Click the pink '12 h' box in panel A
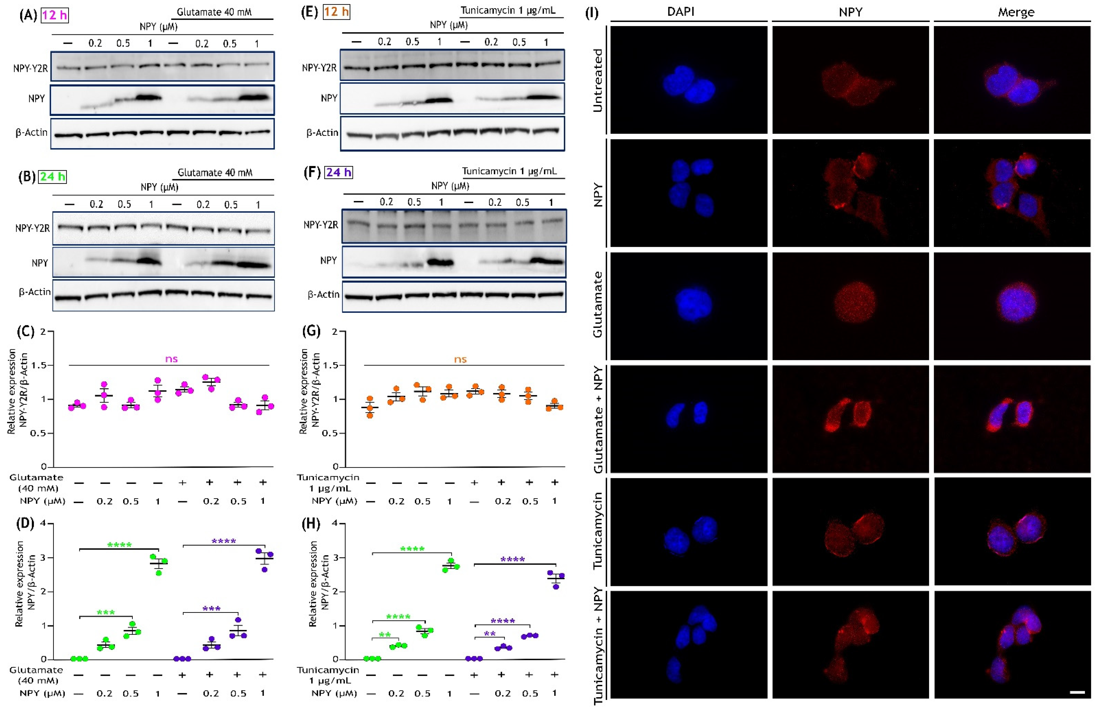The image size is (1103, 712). pos(55,15)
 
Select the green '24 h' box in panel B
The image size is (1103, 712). pos(52,177)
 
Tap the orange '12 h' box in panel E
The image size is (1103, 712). pos(336,12)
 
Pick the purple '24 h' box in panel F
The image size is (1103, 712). pos(339,172)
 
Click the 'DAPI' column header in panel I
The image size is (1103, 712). pos(681,12)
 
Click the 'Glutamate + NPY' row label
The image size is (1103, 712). pos(598,419)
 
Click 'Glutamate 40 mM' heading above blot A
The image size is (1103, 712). pos(214,12)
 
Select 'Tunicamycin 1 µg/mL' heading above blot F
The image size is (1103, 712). pos(509,171)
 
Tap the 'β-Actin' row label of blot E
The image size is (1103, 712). pos(323,133)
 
